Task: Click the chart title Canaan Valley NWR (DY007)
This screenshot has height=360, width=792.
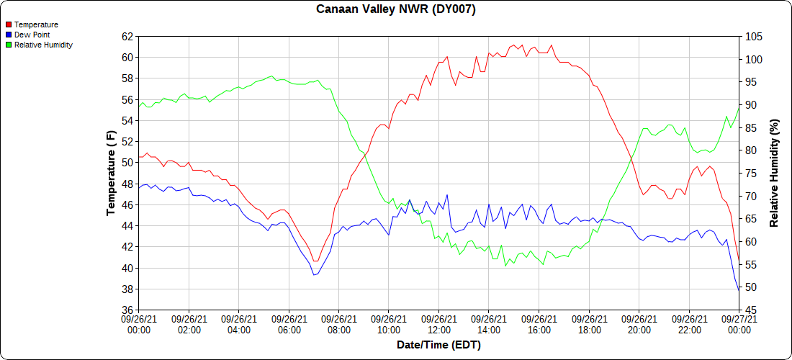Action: coord(396,9)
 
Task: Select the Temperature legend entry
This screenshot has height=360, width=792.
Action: coord(36,24)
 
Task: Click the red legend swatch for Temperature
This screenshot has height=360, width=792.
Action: coord(8,24)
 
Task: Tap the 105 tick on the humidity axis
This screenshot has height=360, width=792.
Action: coord(753,36)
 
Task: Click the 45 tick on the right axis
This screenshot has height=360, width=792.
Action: coord(750,310)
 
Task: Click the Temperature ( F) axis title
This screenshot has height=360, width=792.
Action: coord(111,173)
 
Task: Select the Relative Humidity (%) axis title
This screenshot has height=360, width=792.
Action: coord(775,173)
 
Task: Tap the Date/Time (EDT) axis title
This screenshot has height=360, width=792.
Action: coord(438,345)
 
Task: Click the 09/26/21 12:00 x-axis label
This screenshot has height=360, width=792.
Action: coord(438,325)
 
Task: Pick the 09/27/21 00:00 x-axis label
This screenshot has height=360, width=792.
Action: coord(739,325)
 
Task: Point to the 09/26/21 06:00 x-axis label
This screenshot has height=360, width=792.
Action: coord(289,325)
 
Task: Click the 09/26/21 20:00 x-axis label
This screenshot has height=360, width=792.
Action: coord(639,325)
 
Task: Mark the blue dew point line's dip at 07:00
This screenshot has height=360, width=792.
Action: coord(314,274)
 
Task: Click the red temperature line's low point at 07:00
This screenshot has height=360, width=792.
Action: coord(315,261)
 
